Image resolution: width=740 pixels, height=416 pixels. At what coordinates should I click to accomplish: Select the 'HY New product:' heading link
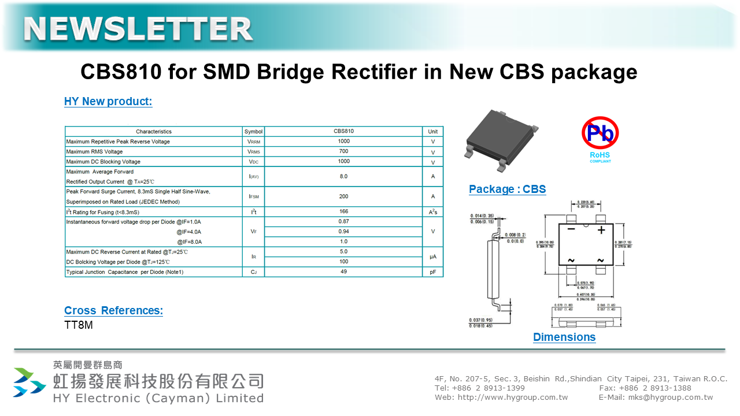click(108, 102)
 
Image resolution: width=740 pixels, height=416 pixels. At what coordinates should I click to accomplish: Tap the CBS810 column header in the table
click(343, 131)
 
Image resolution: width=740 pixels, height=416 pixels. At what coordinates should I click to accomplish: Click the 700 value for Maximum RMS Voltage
click(343, 151)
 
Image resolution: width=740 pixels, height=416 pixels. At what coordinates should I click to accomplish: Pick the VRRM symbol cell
click(253, 142)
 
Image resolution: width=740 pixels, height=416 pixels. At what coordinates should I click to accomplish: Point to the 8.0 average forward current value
click(343, 176)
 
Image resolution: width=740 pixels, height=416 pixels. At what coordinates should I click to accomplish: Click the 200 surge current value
click(343, 196)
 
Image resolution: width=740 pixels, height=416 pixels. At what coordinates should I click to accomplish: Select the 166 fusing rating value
click(343, 211)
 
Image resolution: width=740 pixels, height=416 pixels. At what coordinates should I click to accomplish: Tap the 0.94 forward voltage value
click(343, 232)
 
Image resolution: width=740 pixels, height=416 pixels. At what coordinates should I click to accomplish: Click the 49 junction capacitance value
click(343, 272)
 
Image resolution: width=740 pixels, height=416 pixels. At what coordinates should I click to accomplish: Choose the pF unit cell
click(432, 272)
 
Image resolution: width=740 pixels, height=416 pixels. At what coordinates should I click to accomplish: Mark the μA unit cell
click(432, 257)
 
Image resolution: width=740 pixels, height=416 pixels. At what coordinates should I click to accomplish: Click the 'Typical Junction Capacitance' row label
click(125, 272)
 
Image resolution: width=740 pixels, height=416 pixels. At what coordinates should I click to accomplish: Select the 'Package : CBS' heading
click(507, 190)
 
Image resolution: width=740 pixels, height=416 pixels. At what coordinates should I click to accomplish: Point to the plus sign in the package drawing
click(601, 230)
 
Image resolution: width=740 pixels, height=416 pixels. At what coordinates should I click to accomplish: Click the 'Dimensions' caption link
click(564, 337)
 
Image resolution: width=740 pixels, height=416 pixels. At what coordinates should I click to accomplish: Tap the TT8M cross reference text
click(79, 325)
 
